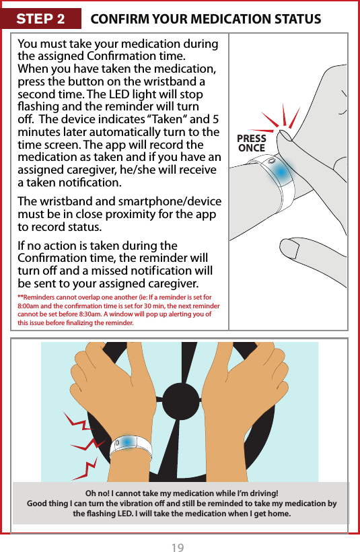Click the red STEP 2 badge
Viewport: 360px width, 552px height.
(40, 18)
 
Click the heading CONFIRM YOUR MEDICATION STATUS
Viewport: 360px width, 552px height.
(205, 18)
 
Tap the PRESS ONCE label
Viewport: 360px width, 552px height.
(252, 143)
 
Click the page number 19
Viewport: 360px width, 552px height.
(177, 546)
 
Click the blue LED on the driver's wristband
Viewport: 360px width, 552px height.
(127, 442)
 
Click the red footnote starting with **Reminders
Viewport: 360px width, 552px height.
(121, 308)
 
